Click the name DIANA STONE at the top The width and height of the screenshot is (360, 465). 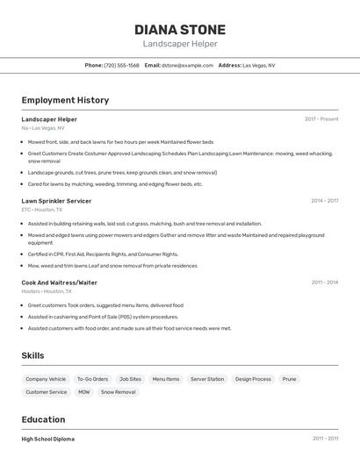(180, 30)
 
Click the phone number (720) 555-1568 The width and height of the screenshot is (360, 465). (121, 65)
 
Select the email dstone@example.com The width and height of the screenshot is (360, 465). (188, 65)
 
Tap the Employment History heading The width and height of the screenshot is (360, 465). (65, 100)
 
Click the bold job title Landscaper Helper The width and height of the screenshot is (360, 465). (49, 119)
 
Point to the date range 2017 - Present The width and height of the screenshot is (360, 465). (321, 119)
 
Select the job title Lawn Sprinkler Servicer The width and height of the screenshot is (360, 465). (56, 201)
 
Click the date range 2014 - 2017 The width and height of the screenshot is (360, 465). (324, 201)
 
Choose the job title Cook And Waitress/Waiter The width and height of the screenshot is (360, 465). (60, 283)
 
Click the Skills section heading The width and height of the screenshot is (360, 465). (33, 355)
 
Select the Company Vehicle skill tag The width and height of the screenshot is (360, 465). (46, 379)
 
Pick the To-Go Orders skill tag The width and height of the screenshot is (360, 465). (92, 379)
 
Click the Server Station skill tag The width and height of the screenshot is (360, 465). (207, 379)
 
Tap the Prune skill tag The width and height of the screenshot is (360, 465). (289, 379)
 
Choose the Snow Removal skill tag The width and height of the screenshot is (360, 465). (119, 392)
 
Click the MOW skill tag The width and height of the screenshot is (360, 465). (84, 392)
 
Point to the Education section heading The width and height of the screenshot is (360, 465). (44, 419)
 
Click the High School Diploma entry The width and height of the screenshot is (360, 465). (48, 439)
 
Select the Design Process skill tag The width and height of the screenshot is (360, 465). (253, 379)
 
